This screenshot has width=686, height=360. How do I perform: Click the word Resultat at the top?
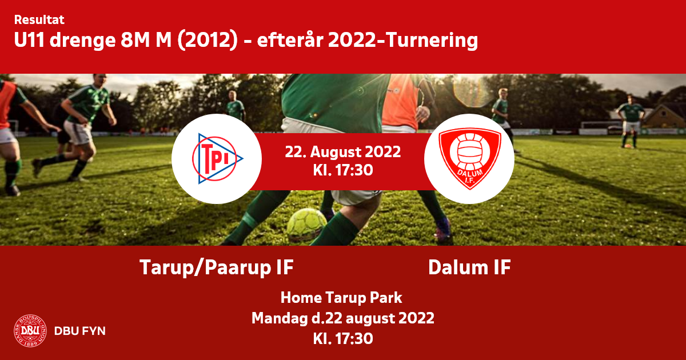point(39,20)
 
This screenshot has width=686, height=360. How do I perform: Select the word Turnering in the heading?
point(432,41)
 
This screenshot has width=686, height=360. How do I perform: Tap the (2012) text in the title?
point(208,41)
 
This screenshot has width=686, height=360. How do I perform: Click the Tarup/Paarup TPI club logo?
point(217,159)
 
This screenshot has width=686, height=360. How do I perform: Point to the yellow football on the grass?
point(307,224)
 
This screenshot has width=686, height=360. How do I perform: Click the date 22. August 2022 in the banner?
point(342,152)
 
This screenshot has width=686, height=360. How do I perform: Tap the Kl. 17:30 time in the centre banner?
point(342,170)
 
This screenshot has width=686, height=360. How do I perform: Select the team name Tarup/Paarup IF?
point(217,267)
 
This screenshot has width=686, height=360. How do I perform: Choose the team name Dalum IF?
point(469,267)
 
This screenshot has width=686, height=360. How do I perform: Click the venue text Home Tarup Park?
point(341,298)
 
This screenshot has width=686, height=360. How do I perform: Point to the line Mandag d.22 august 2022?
point(342,318)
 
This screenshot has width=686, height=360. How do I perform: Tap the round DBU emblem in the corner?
point(30,331)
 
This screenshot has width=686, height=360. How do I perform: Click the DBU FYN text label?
point(80,331)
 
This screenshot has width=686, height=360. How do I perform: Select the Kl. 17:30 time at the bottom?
point(342,339)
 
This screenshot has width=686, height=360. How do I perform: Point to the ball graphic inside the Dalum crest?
point(470,151)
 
